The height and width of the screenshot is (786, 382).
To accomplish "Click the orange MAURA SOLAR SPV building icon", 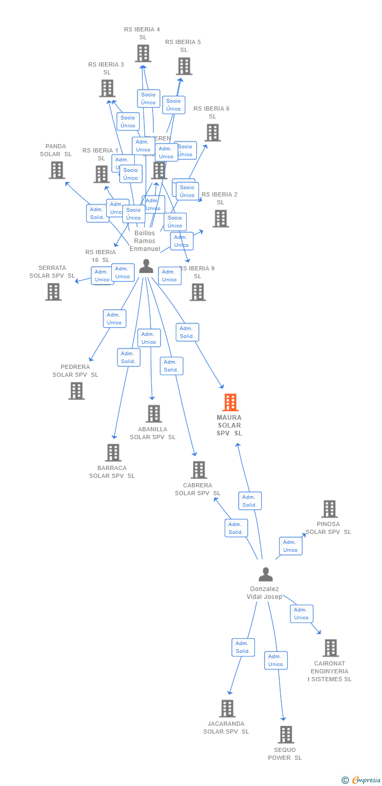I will coord(230,402).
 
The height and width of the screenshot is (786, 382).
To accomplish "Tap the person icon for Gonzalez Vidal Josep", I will coord(266,575).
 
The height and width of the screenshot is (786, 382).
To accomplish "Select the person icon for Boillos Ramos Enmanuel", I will coord(146,267).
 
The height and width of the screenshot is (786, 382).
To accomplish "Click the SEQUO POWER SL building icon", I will coord(285,734).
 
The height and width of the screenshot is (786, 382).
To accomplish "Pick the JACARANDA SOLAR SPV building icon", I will coord(227,708).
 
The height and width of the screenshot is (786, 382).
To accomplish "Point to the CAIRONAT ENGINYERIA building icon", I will coord(330,648).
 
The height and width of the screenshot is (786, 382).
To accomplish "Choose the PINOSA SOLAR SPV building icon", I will coord(329,509).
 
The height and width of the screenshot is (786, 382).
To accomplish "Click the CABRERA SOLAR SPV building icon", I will coord(198,470).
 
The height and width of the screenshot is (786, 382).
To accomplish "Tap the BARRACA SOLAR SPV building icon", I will coord(113,453).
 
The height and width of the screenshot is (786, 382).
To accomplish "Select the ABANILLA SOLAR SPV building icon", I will coord(153,413).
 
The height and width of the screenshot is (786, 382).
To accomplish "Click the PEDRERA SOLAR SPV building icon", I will coord(76,391).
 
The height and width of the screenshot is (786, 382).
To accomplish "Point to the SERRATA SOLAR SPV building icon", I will coord(53,292).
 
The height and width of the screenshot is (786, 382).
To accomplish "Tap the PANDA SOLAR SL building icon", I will coord(56,170).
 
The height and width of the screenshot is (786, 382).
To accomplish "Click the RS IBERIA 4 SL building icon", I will coord(143,53).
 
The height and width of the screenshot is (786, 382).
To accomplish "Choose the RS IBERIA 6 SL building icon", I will coord(213,133).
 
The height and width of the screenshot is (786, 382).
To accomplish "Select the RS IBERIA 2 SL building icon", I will coord(220,219).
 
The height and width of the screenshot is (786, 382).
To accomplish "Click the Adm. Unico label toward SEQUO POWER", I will coord(276,660).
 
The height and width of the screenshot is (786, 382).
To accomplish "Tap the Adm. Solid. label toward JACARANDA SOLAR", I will coord(243,647).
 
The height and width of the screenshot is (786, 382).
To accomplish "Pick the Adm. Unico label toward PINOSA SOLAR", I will coord(291,546).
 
